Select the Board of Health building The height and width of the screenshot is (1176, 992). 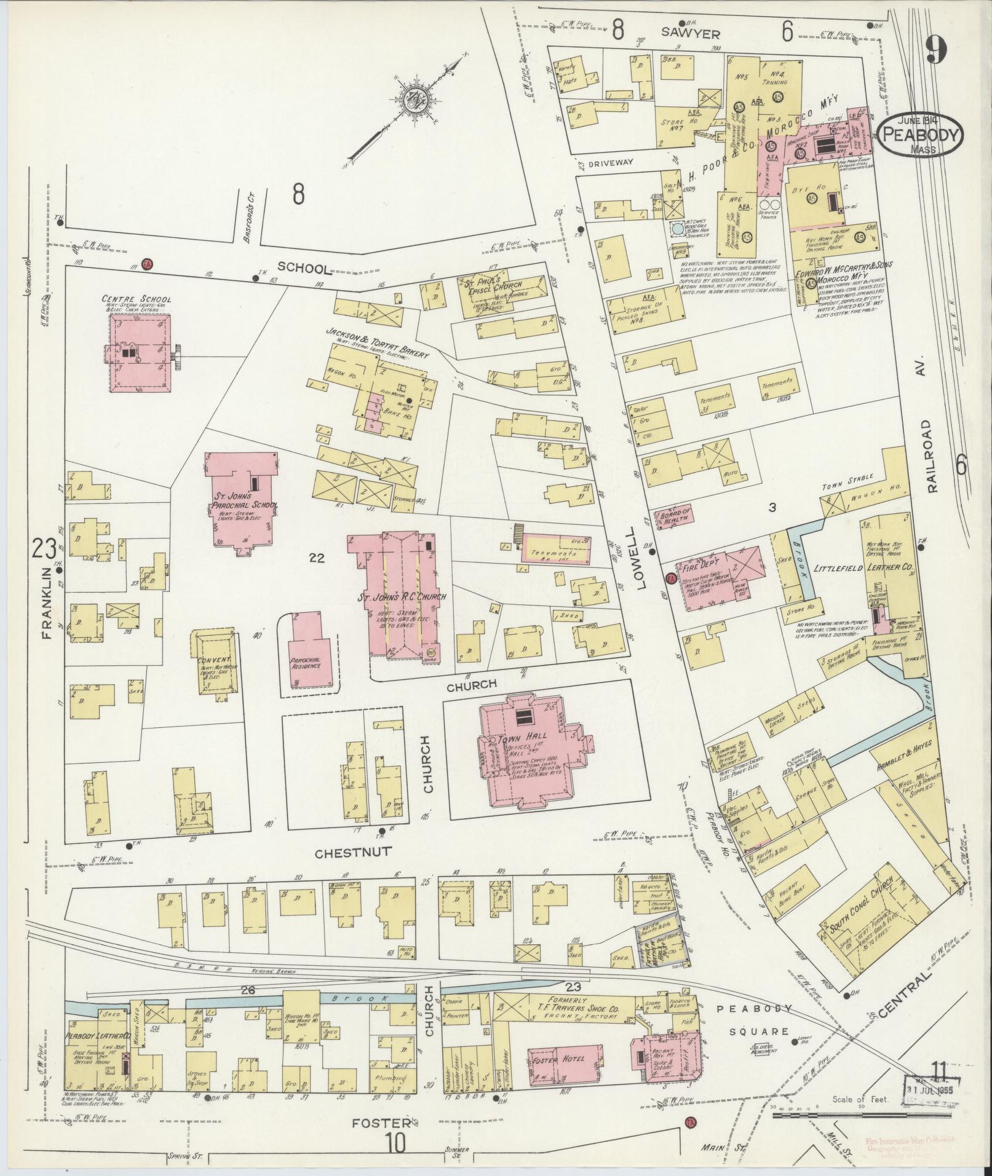tap(675, 515)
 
